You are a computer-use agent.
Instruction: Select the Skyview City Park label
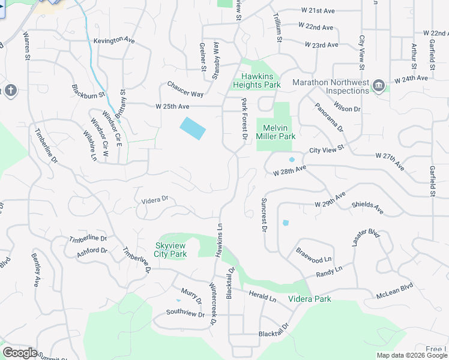click(x=171, y=250)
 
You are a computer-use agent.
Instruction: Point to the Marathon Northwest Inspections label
click(x=330, y=86)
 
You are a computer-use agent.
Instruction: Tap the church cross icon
click(x=10, y=91)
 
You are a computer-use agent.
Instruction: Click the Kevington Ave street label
click(x=114, y=40)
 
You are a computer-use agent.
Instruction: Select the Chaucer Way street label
click(x=185, y=89)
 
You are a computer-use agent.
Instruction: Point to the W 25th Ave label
click(x=172, y=106)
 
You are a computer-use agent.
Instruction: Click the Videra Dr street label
click(x=155, y=199)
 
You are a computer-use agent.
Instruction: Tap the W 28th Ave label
click(x=289, y=171)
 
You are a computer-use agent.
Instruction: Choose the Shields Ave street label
click(x=367, y=208)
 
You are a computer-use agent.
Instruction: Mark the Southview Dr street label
click(x=185, y=312)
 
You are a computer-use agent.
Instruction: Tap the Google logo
click(x=20, y=353)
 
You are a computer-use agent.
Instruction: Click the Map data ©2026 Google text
click(x=411, y=355)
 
